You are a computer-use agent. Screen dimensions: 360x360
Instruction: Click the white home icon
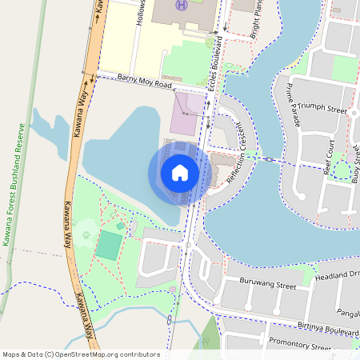[x=180, y=173]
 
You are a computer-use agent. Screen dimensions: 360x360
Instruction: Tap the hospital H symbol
[x=182, y=6]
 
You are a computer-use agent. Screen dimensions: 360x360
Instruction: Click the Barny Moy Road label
[x=145, y=81]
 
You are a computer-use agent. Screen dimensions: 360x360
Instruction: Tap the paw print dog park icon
[x=86, y=235]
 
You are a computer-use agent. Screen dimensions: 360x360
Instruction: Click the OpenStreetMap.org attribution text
[x=81, y=354]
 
